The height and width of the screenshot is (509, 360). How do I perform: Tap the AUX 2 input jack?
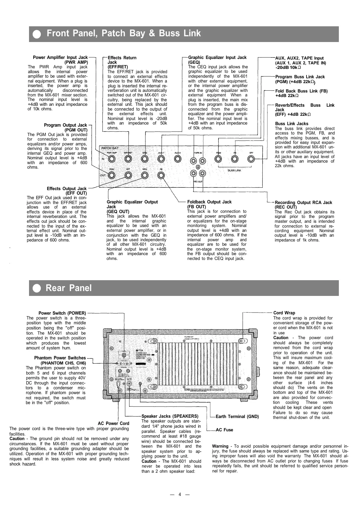(177, 159)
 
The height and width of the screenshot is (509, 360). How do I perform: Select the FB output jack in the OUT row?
(161, 175)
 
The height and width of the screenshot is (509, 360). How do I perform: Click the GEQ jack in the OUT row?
(144, 175)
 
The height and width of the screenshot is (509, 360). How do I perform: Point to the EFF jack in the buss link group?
(251, 159)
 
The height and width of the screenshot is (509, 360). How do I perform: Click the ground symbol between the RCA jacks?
(198, 167)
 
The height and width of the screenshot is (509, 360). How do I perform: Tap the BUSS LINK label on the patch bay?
(234, 170)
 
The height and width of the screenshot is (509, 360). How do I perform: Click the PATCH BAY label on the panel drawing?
(110, 148)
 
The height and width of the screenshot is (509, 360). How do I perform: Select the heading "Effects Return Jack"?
(122, 60)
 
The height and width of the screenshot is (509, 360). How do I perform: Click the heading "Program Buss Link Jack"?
(300, 77)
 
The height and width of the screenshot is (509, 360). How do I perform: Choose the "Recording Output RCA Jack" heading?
(303, 203)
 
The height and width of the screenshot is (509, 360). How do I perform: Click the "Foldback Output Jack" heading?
(209, 202)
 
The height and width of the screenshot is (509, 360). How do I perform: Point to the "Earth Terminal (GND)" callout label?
(237, 417)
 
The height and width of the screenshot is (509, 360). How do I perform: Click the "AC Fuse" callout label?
(224, 430)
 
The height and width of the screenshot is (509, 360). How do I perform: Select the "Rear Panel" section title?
(69, 288)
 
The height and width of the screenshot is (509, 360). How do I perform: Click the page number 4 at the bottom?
(180, 494)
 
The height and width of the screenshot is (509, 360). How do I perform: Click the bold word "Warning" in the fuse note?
(220, 446)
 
